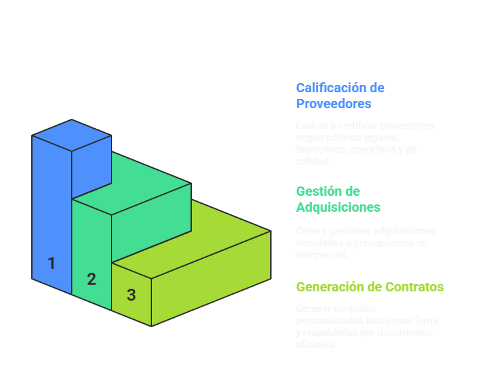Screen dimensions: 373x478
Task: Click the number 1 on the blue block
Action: pyautogui.click(x=51, y=263)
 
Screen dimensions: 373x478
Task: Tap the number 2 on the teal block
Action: pyautogui.click(x=92, y=279)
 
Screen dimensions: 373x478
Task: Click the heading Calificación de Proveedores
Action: pyautogui.click(x=340, y=96)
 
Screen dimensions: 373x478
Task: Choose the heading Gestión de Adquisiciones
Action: pyautogui.click(x=338, y=199)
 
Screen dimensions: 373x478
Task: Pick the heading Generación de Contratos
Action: pyautogui.click(x=370, y=287)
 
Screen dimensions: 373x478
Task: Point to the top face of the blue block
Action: pyautogui.click(x=72, y=135)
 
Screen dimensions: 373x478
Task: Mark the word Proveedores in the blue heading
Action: pyautogui.click(x=333, y=104)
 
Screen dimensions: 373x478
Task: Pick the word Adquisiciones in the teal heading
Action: pyautogui.click(x=338, y=207)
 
